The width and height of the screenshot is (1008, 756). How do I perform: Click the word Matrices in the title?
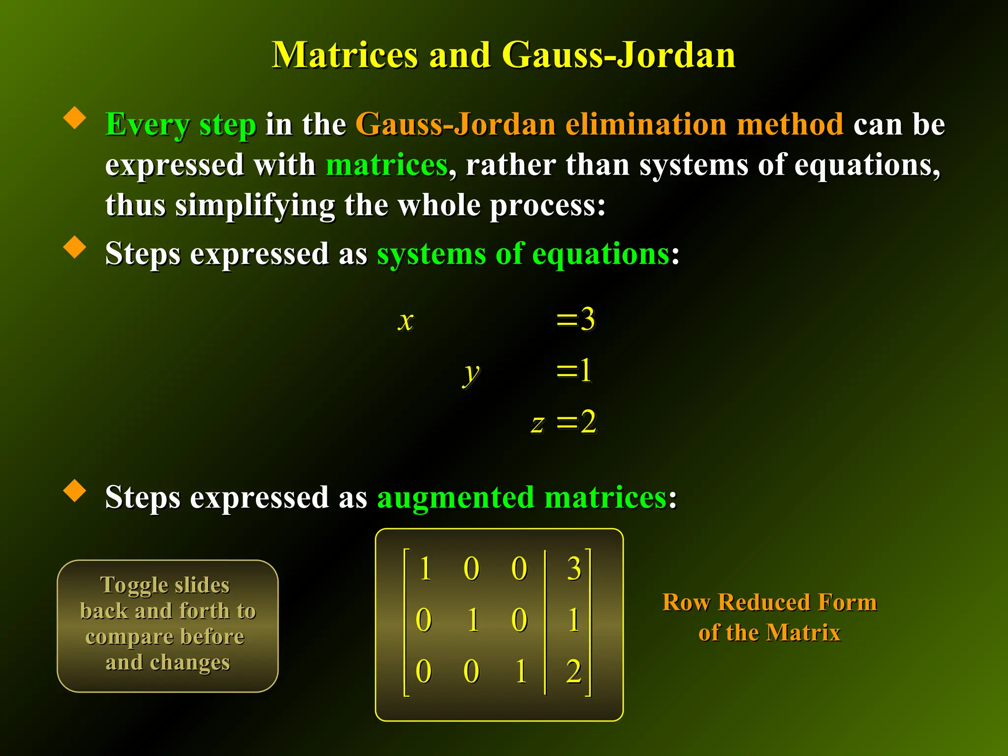pos(345,55)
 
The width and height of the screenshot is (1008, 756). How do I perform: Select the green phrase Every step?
pos(181,125)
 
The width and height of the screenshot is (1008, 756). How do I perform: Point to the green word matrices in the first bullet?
pos(386,164)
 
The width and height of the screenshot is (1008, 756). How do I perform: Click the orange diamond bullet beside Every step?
pos(75,118)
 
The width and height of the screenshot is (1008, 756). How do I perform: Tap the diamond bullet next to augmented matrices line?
pos(75,491)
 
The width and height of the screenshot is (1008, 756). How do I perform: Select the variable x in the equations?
pos(406,321)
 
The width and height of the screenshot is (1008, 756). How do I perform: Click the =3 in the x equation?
pos(576,319)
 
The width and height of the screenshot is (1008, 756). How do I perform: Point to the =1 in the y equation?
pos(574,370)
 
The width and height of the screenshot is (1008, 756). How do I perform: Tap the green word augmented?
pos(455,497)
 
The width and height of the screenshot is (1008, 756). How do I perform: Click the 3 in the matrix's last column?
pos(574,569)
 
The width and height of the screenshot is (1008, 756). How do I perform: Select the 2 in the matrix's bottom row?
pos(574,671)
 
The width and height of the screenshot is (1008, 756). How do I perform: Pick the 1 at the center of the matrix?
pos(473,620)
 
